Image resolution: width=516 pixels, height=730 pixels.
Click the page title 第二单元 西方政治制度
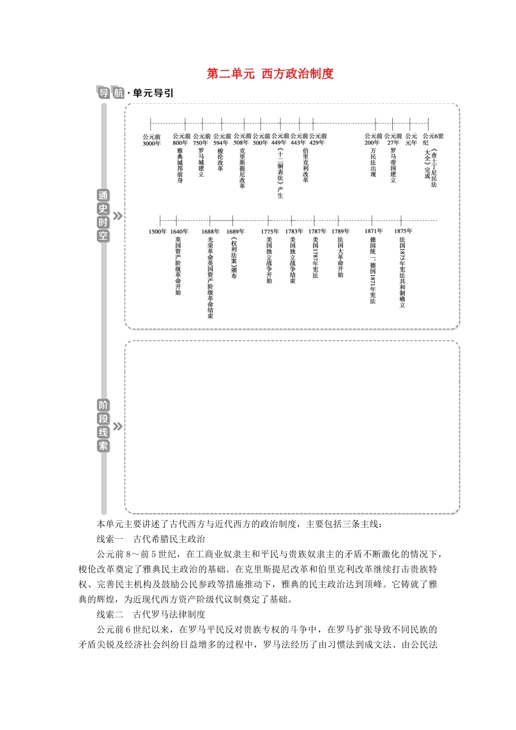click(270, 74)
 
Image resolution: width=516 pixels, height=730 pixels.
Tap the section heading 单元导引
click(153, 93)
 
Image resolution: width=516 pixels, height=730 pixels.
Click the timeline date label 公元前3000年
click(152, 140)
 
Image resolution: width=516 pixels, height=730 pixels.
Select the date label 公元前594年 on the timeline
click(222, 140)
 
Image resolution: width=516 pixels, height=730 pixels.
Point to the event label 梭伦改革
click(221, 160)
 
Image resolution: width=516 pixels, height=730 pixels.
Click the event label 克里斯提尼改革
click(242, 168)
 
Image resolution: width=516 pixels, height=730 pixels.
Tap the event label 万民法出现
click(373, 162)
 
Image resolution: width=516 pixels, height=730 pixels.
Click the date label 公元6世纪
click(432, 140)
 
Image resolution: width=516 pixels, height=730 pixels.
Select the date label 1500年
click(158, 231)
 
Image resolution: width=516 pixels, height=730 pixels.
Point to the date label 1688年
click(210, 231)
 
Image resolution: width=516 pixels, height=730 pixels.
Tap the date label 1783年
click(294, 231)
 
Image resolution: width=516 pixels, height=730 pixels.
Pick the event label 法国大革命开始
click(341, 257)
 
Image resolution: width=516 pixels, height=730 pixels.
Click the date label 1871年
click(373, 231)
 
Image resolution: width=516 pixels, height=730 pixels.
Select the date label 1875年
click(403, 231)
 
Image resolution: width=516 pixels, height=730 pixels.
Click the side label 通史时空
click(103, 216)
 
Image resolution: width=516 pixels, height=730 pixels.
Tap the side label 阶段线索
click(103, 426)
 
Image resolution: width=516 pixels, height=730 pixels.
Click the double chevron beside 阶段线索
click(117, 426)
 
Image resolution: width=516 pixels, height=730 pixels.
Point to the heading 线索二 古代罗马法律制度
click(151, 614)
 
